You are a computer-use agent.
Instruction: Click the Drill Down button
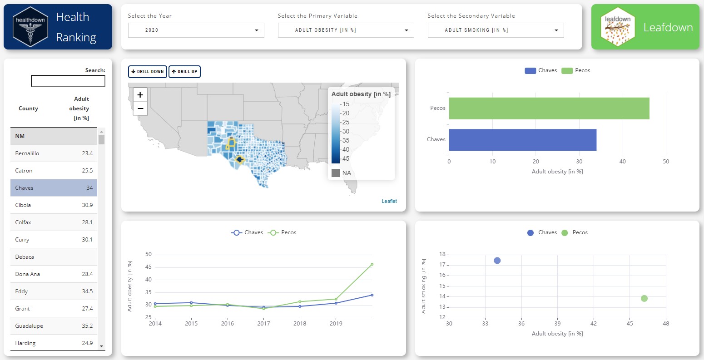(147, 72)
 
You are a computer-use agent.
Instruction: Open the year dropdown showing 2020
(196, 30)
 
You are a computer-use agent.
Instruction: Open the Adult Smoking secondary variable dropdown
(496, 30)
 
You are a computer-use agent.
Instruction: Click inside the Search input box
(68, 81)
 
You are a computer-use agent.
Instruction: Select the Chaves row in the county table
(54, 188)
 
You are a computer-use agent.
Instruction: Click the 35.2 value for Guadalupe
(87, 326)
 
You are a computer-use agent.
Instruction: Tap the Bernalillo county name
(27, 153)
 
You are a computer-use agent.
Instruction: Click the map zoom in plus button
(140, 95)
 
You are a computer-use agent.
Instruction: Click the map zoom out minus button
(140, 109)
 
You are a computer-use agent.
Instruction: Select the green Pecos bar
(549, 108)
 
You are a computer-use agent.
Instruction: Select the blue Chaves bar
(522, 139)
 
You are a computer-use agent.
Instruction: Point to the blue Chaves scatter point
(497, 261)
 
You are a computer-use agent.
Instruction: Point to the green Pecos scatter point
(644, 298)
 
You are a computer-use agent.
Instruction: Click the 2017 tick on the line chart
(264, 324)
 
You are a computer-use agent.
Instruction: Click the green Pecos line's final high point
(372, 264)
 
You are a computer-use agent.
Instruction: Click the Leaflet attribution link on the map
(389, 201)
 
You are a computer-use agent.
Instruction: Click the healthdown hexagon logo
(30, 27)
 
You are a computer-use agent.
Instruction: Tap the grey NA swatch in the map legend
(336, 173)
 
